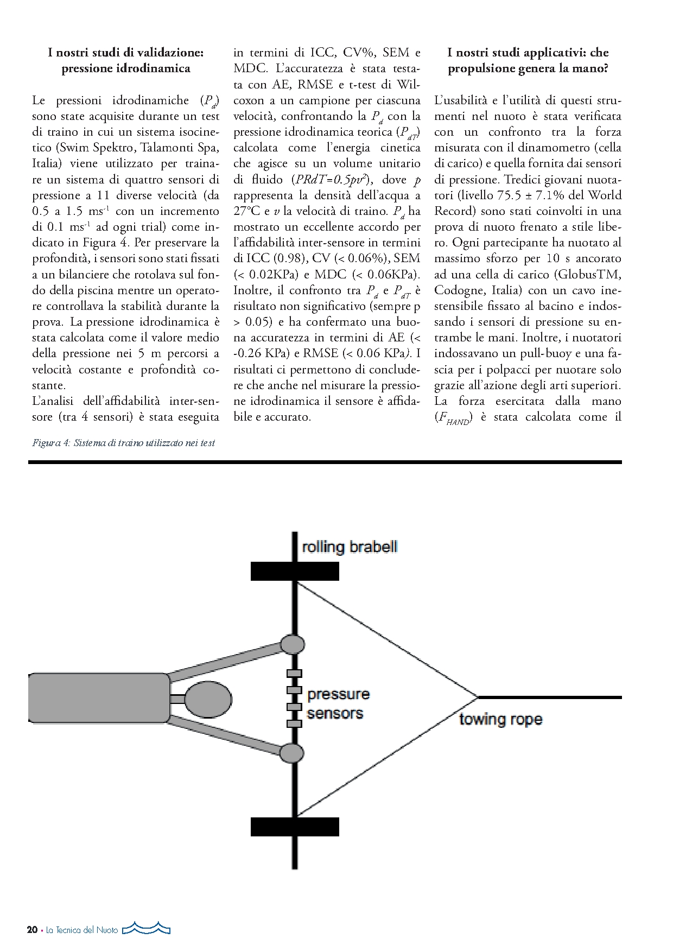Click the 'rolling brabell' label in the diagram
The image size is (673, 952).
pos(350,547)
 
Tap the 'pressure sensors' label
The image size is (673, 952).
pos(338,703)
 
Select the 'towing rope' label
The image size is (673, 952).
pos(500,719)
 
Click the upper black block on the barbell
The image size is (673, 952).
pos(295,572)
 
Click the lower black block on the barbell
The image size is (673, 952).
pos(295,827)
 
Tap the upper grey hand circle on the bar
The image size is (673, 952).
pos(292,644)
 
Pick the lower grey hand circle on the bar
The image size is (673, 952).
pos(292,753)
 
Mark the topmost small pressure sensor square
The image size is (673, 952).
pos(294,674)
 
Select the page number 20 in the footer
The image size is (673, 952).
pos(32,930)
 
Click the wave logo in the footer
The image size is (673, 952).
pos(147,929)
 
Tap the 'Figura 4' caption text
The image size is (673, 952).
pos(51,443)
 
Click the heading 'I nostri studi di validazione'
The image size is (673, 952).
pos(125,53)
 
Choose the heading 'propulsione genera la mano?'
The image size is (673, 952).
pos(528,68)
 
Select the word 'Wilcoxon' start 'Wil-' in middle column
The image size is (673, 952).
pos(408,84)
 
